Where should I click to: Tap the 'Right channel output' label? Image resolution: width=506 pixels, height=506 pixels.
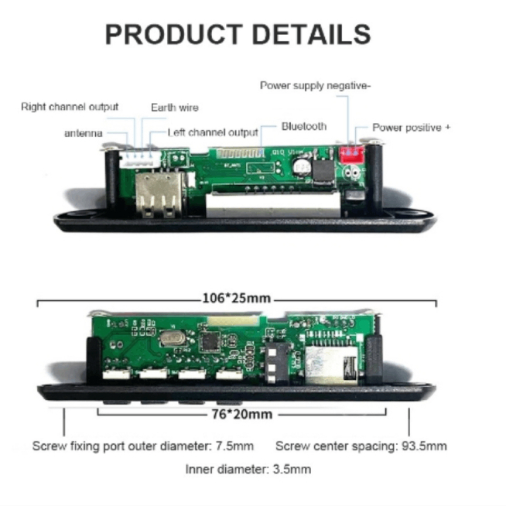70,107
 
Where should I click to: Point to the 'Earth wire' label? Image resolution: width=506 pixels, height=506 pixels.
174,107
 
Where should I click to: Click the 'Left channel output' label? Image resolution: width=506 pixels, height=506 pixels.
213,133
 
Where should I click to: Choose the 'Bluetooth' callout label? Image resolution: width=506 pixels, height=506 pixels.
303,126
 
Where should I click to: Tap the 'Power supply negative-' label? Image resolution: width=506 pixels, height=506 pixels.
315,86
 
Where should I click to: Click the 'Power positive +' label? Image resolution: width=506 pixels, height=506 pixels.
411,128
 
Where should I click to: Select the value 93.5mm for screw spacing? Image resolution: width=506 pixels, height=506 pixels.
424,446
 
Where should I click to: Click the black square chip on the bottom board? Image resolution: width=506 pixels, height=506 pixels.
209,341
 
